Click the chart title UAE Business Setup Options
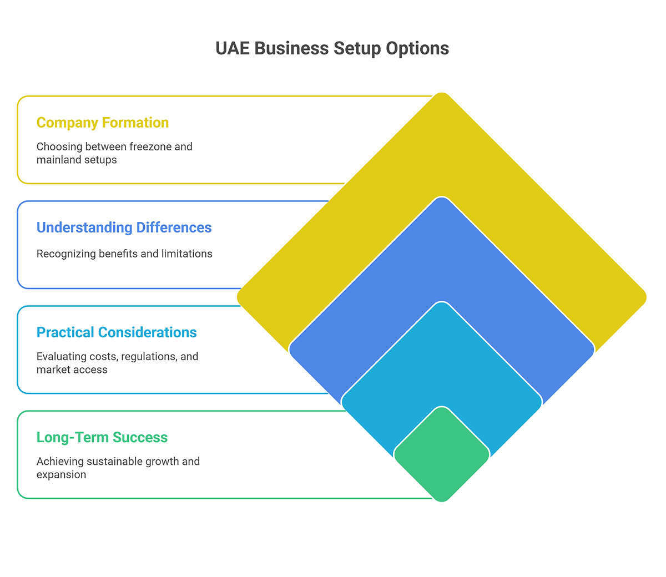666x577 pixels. [332, 48]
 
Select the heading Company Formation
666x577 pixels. [103, 123]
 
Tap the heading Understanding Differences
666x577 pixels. [124, 227]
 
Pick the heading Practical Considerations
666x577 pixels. [117, 332]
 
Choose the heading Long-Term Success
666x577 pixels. [102, 437]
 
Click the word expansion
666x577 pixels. [61, 474]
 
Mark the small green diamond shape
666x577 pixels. [442, 454]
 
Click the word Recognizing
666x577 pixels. [66, 254]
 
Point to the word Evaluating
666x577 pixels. [59, 356]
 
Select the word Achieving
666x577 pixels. [59, 461]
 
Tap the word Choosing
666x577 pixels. [59, 146]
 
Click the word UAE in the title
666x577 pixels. [233, 48]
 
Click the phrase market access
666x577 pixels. [72, 370]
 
